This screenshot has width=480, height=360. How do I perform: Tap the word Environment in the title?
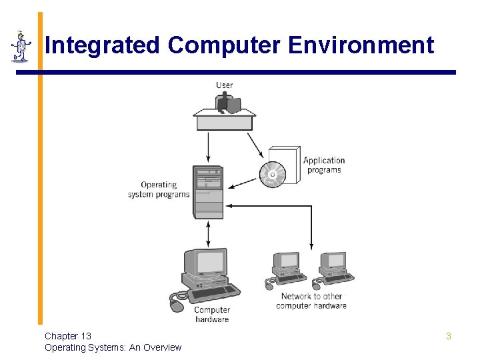[x=361, y=45]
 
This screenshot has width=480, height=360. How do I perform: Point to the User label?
[x=225, y=85]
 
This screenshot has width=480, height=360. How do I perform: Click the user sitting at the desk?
[x=226, y=103]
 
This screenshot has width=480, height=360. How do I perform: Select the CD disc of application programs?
[x=272, y=175]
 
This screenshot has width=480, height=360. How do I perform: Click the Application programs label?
[x=324, y=165]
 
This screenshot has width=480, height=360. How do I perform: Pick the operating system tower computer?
[x=208, y=191]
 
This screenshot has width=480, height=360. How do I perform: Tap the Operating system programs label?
[x=159, y=189]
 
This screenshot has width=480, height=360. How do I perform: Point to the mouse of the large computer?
[x=176, y=305]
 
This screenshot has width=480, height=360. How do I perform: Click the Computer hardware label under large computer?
[x=212, y=314]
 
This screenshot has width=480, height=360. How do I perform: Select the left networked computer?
[x=287, y=268]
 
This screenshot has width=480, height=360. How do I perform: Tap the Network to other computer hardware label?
[x=311, y=301]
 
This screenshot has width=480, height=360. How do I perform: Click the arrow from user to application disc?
[x=255, y=145]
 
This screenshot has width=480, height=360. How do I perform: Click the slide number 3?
[x=449, y=336]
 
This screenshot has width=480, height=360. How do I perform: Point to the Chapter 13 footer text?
[x=68, y=336]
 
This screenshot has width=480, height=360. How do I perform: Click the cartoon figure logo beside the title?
[x=21, y=46]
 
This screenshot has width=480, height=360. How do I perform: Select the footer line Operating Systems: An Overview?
[x=113, y=347]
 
